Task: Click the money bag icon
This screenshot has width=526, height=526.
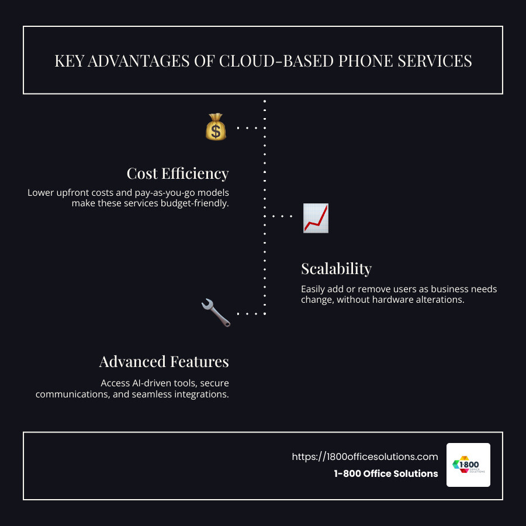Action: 216,127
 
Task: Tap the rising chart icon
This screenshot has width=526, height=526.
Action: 316,218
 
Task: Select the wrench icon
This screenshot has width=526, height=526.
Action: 216,313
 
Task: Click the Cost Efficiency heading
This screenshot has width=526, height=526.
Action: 178,174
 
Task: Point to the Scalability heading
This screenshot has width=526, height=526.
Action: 336,269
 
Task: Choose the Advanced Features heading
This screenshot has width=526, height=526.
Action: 164,362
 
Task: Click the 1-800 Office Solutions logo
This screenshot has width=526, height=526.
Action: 468,465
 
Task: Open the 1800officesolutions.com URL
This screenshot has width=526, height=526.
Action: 365,456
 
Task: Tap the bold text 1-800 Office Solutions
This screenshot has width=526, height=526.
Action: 386,474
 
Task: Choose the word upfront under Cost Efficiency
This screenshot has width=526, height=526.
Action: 80,193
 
